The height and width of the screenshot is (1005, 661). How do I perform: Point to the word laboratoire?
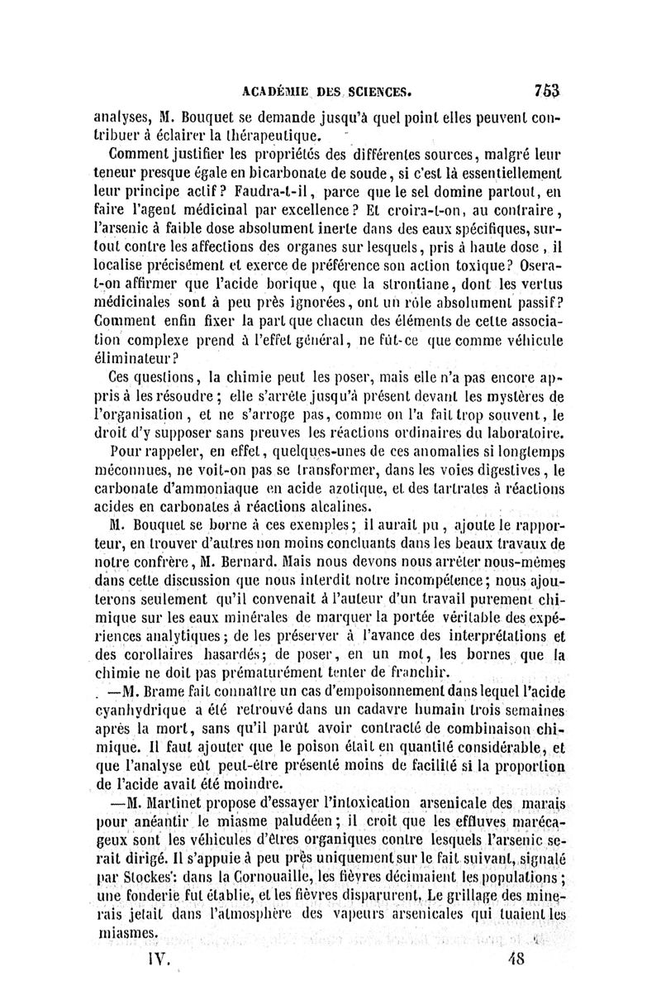coord(525,430)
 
